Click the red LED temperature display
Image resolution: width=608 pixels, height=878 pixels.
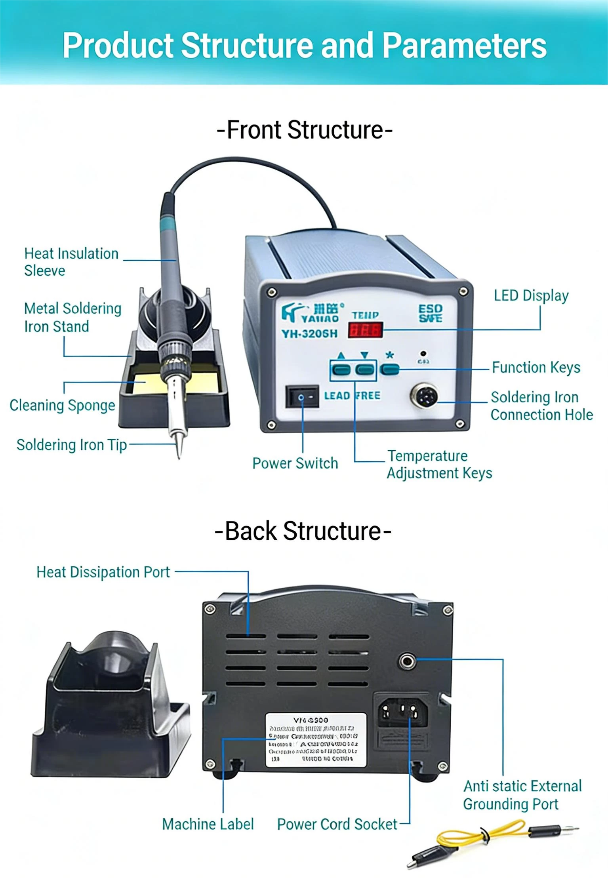coord(365,330)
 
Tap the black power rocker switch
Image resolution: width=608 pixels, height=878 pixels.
coord(302,396)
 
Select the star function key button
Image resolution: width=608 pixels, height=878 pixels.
coord(390,369)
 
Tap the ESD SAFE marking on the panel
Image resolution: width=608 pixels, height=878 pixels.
coord(430,313)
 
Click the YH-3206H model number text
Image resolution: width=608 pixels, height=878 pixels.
coord(310,334)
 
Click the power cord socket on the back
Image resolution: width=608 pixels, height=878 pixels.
coord(403,712)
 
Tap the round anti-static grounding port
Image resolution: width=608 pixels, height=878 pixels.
coord(407,660)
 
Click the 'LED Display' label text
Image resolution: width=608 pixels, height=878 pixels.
coord(531,295)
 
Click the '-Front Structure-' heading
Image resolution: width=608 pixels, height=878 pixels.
coord(304,130)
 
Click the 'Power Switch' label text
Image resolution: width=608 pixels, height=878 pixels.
coord(295,463)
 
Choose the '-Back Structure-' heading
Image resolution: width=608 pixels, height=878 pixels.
coord(303,531)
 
